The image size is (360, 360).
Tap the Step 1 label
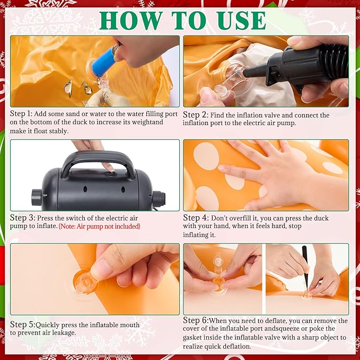click(x=21, y=114)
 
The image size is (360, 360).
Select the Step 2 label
click(x=196, y=115)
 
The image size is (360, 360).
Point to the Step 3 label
click(x=22, y=218)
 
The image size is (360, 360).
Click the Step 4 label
click(x=196, y=218)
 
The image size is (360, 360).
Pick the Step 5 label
click(x=23, y=324)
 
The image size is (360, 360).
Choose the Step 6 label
click(x=196, y=320)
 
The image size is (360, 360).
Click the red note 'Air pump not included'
click(x=100, y=226)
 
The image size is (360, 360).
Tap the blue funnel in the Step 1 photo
click(x=104, y=63)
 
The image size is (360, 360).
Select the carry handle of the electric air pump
click(x=98, y=161)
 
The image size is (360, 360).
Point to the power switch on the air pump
click(x=111, y=174)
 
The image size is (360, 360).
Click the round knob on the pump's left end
click(x=37, y=197)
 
